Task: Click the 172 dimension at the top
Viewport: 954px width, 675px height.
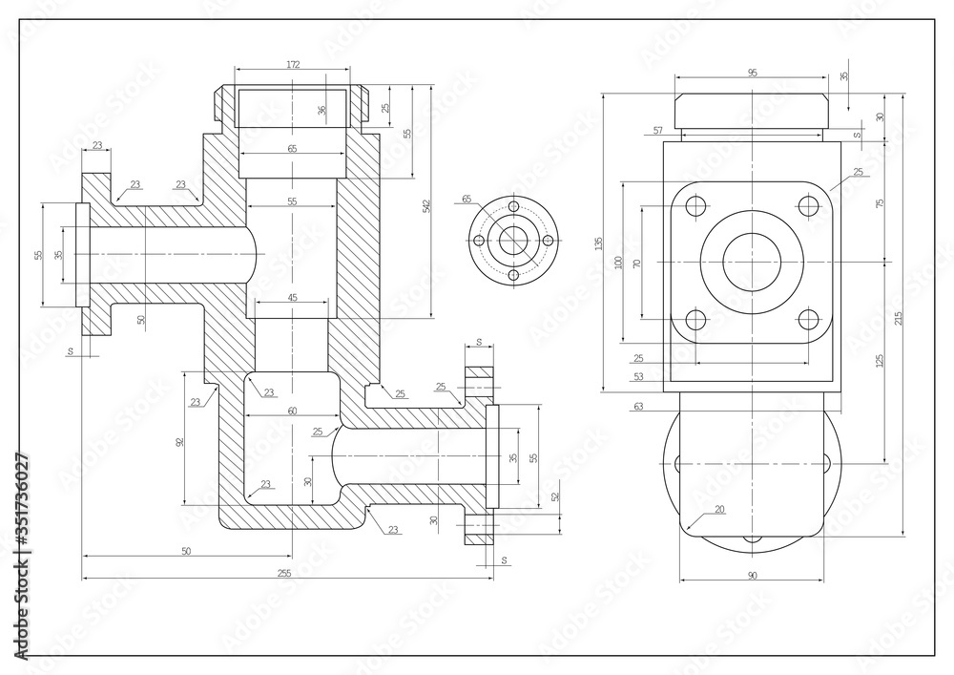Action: tap(293, 65)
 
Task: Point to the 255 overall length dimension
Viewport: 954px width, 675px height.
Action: tap(283, 573)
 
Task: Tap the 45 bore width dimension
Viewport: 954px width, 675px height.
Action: tap(292, 298)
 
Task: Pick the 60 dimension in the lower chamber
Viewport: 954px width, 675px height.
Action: tap(292, 410)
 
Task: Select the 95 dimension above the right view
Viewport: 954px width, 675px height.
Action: tap(752, 73)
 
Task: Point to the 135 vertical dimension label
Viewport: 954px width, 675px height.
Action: tap(598, 243)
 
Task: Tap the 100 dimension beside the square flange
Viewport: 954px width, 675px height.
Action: tap(617, 261)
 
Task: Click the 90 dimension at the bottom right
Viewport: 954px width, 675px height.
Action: tap(752, 575)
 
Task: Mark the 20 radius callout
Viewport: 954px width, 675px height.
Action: tap(718, 509)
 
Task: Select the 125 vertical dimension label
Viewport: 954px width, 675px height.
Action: tap(879, 360)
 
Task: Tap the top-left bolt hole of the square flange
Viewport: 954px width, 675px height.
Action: tap(696, 205)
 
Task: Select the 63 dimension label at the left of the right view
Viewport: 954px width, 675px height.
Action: tap(638, 407)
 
